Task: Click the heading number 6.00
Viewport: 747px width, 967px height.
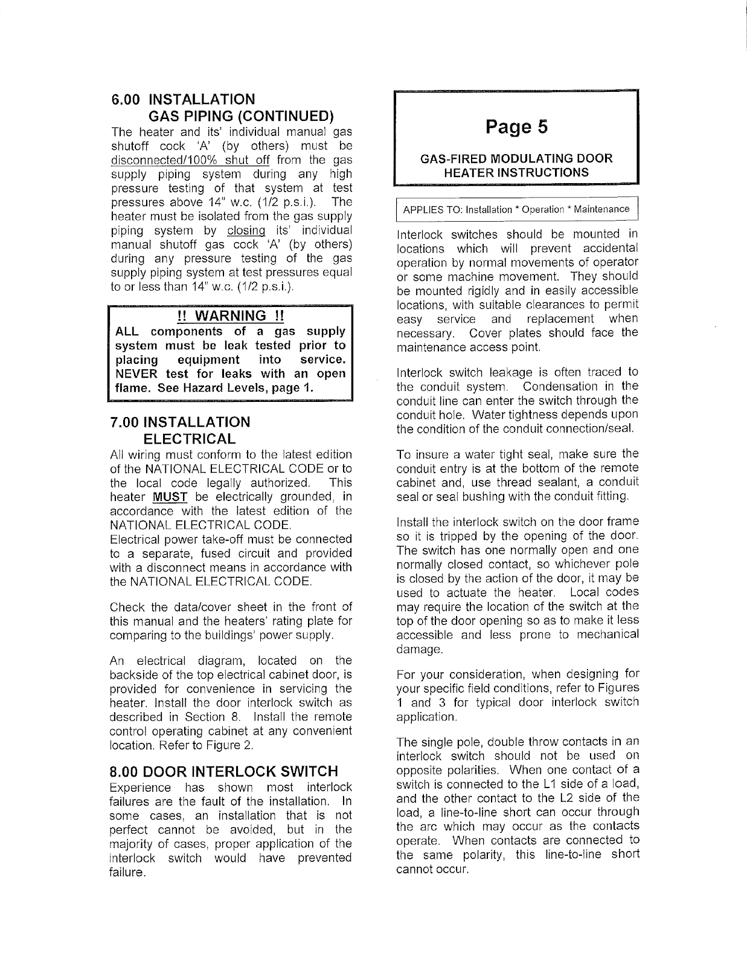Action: tap(127, 99)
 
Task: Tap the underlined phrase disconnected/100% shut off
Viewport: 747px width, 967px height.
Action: tap(191, 160)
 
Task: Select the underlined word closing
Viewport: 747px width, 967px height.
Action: tap(246, 230)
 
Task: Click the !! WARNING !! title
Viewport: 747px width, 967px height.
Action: tap(230, 315)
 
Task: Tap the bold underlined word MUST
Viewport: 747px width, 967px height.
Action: tap(170, 497)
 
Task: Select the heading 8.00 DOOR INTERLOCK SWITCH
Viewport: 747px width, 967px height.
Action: tap(223, 771)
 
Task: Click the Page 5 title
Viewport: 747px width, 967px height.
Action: tap(516, 127)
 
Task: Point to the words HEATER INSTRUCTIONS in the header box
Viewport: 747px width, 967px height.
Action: tap(516, 172)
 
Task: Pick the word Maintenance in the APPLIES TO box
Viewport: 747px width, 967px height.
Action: tap(601, 210)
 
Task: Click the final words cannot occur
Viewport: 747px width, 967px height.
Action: tap(432, 869)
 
